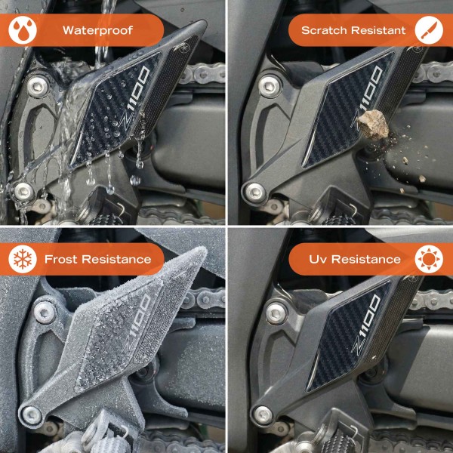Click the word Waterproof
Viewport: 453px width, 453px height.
(x=97, y=31)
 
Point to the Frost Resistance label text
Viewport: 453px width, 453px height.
(x=97, y=259)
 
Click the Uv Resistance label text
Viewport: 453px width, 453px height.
(x=355, y=259)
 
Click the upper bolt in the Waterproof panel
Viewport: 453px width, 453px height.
(x=35, y=85)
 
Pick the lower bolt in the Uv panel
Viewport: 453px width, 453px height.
(x=261, y=412)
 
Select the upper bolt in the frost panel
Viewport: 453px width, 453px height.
(x=44, y=310)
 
